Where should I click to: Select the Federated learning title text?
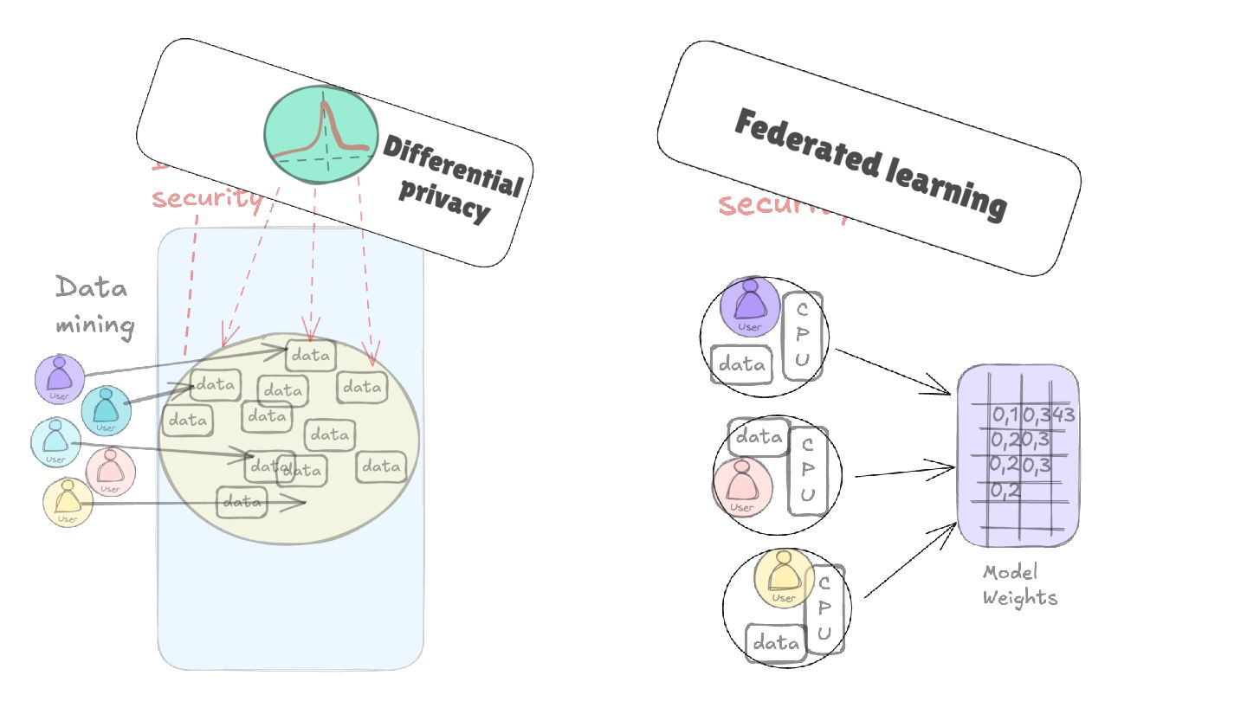click(x=870, y=163)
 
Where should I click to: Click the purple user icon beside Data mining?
click(x=60, y=378)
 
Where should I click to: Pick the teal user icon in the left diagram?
click(x=106, y=409)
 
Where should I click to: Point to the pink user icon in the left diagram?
click(x=110, y=472)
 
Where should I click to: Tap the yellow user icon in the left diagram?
click(x=68, y=503)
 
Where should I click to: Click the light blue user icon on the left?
click(x=55, y=441)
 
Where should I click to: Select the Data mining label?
click(x=94, y=305)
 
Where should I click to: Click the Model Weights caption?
click(x=1019, y=585)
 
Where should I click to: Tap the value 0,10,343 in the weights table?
click(x=1033, y=415)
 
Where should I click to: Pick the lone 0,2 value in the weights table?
click(x=1005, y=491)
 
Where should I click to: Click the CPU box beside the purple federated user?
click(x=802, y=336)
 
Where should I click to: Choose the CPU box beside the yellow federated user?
click(x=824, y=609)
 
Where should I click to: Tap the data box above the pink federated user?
click(x=759, y=438)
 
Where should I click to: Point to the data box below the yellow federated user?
click(x=776, y=643)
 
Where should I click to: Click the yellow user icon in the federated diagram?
click(x=784, y=578)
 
